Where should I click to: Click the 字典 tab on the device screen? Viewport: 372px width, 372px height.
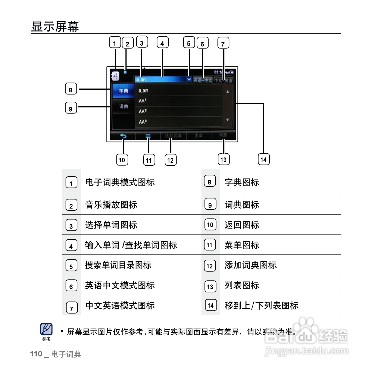click(123, 91)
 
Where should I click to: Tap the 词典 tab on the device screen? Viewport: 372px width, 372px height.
click(123, 106)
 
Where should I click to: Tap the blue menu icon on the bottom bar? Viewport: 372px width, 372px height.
click(148, 136)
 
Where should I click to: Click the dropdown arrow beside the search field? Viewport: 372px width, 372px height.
click(189, 79)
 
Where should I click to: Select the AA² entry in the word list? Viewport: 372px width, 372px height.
click(143, 111)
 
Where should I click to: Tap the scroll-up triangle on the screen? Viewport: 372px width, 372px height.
click(228, 92)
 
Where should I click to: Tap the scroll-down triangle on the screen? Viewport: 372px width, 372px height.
click(228, 120)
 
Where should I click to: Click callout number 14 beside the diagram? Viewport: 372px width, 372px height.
click(263, 159)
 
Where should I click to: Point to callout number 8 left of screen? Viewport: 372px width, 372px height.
click(71, 89)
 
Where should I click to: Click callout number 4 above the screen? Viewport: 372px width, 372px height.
click(162, 43)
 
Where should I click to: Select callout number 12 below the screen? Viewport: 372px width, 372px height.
click(171, 160)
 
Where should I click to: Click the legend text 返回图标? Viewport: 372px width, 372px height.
click(242, 225)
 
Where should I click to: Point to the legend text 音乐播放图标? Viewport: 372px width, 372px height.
click(111, 205)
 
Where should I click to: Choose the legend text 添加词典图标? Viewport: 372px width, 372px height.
click(250, 265)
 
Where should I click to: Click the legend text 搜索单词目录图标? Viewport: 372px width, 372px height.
click(118, 265)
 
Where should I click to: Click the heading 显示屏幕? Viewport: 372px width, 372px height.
click(55, 27)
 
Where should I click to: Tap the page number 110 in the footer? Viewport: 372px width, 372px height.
click(36, 354)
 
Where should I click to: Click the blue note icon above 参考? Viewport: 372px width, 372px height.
click(46, 329)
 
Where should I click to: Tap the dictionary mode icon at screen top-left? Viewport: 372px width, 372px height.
click(115, 76)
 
